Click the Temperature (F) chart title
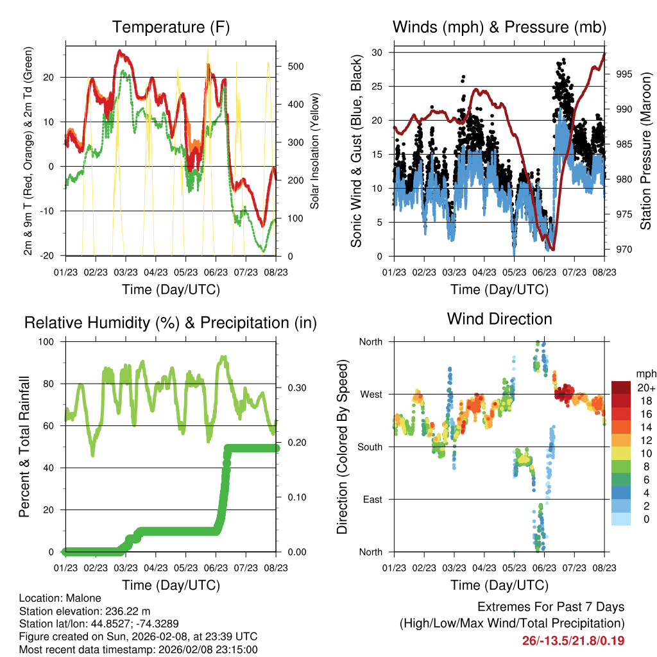[x=171, y=28]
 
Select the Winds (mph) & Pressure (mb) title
[x=499, y=28]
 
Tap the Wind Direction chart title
[x=499, y=319]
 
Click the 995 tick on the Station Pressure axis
[x=624, y=74]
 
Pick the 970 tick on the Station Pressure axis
[x=624, y=250]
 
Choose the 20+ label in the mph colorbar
[x=645, y=388]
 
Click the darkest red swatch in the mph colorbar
[x=622, y=388]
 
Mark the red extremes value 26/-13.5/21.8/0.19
[x=573, y=641]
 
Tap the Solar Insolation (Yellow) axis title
[x=315, y=151]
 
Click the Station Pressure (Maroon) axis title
[x=645, y=151]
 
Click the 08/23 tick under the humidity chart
[x=276, y=568]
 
